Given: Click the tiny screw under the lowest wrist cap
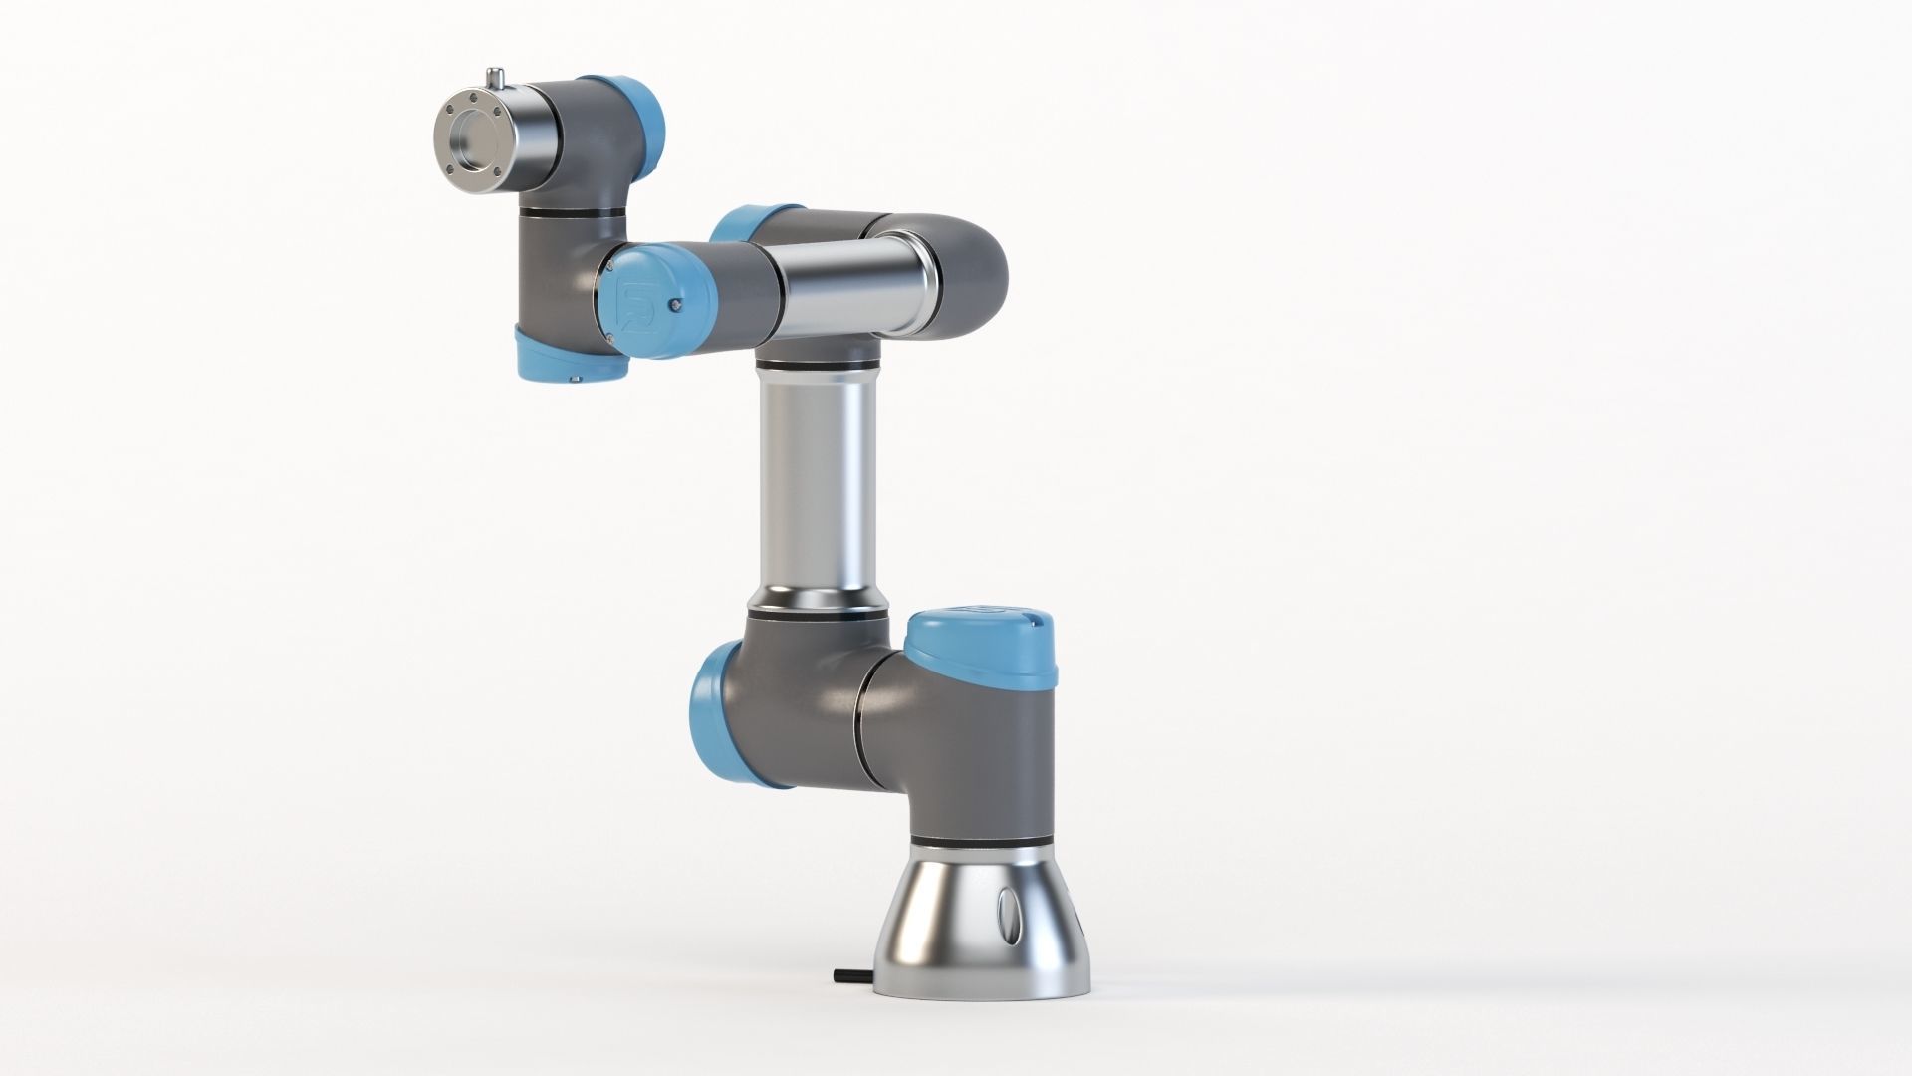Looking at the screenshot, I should click(x=575, y=378).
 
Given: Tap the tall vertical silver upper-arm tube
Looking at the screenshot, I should click(x=818, y=478).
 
